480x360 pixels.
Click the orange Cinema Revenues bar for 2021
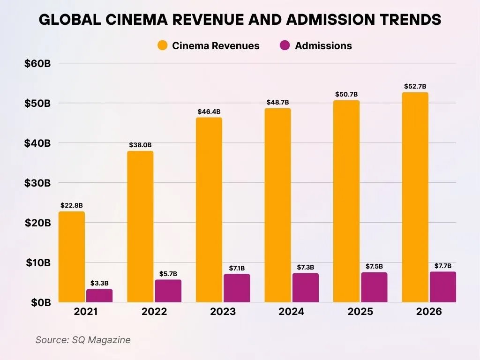point(72,257)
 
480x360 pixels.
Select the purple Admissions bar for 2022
point(168,291)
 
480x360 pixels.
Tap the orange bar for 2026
point(415,197)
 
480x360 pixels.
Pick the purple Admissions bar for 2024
point(305,287)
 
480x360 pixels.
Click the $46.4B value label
point(209,112)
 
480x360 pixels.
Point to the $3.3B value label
point(99,283)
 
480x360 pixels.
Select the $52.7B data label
point(415,86)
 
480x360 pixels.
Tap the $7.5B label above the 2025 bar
point(374,266)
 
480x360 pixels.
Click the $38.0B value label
point(140,145)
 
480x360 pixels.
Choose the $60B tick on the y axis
point(37,63)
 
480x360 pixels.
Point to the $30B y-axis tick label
point(37,183)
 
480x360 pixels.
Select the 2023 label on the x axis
point(223,312)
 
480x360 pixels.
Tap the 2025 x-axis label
point(360,312)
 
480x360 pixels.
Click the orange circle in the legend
point(163,45)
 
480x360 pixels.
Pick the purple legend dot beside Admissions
point(285,45)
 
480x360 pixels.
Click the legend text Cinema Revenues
point(216,45)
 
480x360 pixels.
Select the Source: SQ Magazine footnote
point(83,340)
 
